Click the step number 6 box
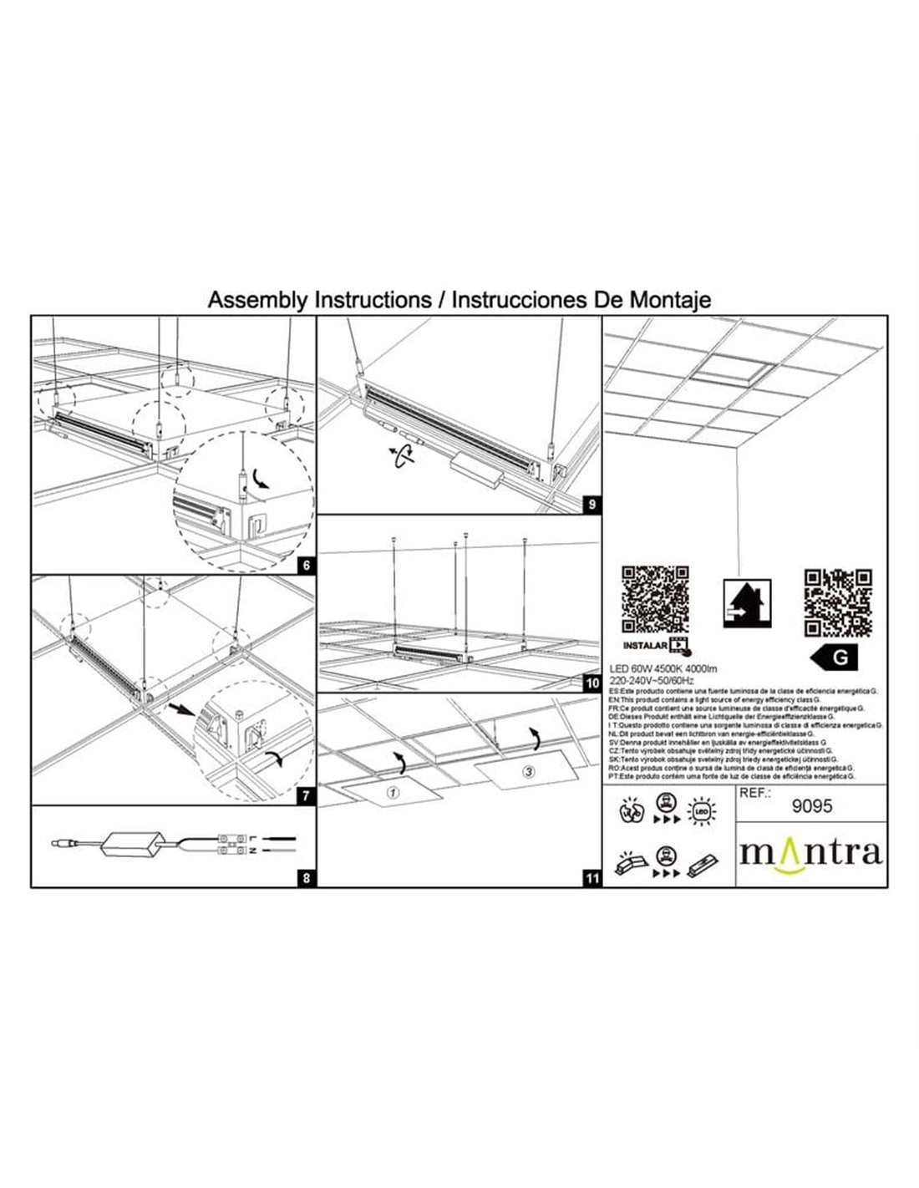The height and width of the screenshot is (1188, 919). tap(307, 566)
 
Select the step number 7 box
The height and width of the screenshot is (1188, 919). tap(307, 796)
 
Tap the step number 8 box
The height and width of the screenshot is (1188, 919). tap(307, 878)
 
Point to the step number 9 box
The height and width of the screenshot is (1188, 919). tap(592, 505)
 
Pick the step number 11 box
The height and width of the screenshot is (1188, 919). tap(592, 878)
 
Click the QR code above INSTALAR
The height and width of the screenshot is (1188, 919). tap(655, 599)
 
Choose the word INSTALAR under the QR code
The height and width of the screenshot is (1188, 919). tap(647, 645)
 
